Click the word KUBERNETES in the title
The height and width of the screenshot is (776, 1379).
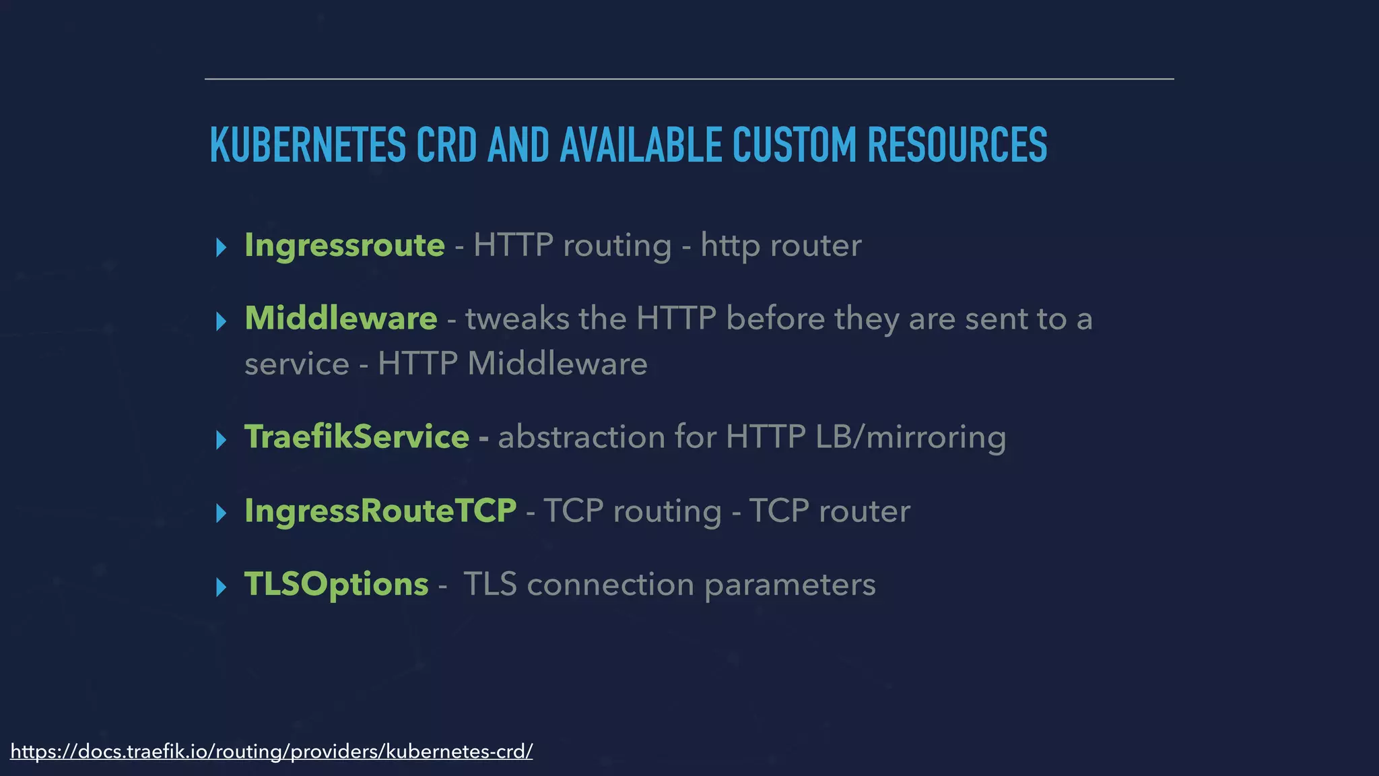click(308, 145)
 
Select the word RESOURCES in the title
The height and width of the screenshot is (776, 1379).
click(957, 145)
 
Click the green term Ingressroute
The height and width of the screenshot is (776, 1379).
click(344, 245)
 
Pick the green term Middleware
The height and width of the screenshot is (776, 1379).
click(341, 319)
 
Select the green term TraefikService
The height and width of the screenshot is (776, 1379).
click(356, 437)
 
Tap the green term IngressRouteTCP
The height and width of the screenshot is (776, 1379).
click(380, 511)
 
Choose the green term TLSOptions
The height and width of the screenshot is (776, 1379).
click(336, 584)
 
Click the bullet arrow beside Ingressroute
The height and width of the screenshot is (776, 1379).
click(221, 248)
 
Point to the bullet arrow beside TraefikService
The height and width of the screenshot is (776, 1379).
click(221, 441)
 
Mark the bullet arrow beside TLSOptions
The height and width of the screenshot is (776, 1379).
click(221, 587)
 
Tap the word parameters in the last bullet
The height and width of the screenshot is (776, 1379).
click(790, 585)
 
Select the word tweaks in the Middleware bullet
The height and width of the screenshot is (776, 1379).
click(517, 319)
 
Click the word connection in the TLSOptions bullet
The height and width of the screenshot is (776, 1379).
click(610, 585)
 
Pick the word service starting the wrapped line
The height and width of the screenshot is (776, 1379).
click(296, 364)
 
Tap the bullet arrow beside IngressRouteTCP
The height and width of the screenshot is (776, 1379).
click(221, 514)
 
